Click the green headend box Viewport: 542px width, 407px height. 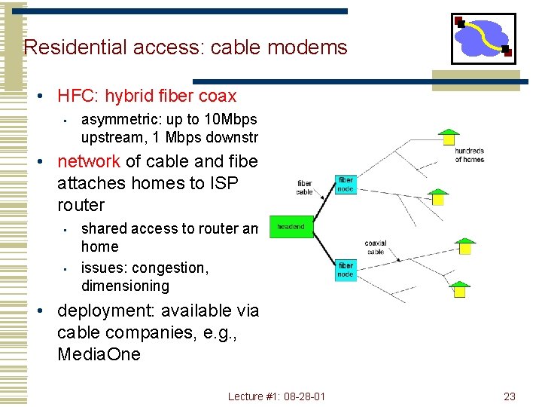pyautogui.click(x=291, y=226)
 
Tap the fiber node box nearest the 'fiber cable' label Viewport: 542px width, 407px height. pyautogui.click(x=346, y=185)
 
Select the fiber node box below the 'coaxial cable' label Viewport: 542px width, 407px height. pyautogui.click(x=346, y=270)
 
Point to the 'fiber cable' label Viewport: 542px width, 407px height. pyautogui.click(x=304, y=187)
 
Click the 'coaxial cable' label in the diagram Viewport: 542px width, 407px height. pyautogui.click(x=375, y=247)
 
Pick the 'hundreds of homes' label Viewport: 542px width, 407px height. pyautogui.click(x=470, y=155)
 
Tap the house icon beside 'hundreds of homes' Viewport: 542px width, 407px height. pyautogui.click(x=449, y=136)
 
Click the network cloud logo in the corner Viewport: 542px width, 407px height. pyautogui.click(x=483, y=38)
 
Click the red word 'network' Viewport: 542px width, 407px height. pyautogui.click(x=88, y=161)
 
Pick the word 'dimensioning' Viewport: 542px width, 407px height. pyautogui.click(x=125, y=286)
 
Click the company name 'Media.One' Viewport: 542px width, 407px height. pyautogui.click(x=99, y=354)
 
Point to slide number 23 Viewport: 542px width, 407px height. pyautogui.click(x=510, y=396)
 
